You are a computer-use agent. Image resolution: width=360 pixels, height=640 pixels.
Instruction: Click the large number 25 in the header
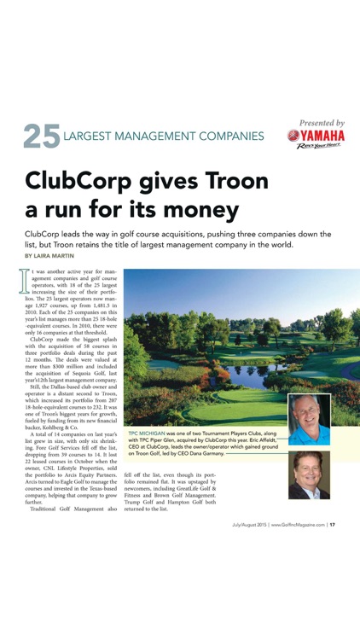(41, 137)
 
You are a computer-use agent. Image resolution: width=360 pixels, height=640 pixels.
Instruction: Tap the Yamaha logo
(316, 136)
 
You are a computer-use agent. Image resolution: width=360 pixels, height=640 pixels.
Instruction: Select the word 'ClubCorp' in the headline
(78, 181)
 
